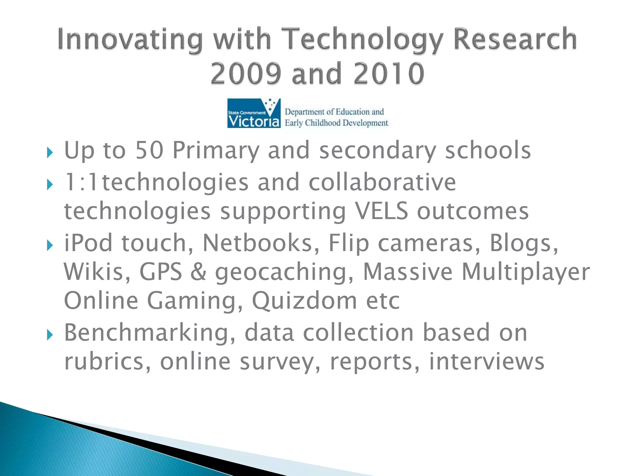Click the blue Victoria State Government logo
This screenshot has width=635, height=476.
(x=254, y=113)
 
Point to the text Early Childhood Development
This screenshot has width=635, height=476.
(x=336, y=123)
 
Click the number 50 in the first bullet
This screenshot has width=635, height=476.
(x=149, y=150)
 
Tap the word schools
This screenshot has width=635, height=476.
(x=488, y=150)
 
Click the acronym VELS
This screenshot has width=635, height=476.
(x=381, y=211)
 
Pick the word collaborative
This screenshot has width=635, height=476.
(x=382, y=182)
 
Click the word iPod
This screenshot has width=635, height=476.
(x=88, y=243)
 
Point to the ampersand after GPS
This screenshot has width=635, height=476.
(x=198, y=272)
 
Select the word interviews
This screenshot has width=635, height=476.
(x=486, y=362)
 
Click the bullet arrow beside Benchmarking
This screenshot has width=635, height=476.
(x=50, y=335)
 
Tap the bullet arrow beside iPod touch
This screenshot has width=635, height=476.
(x=50, y=245)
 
